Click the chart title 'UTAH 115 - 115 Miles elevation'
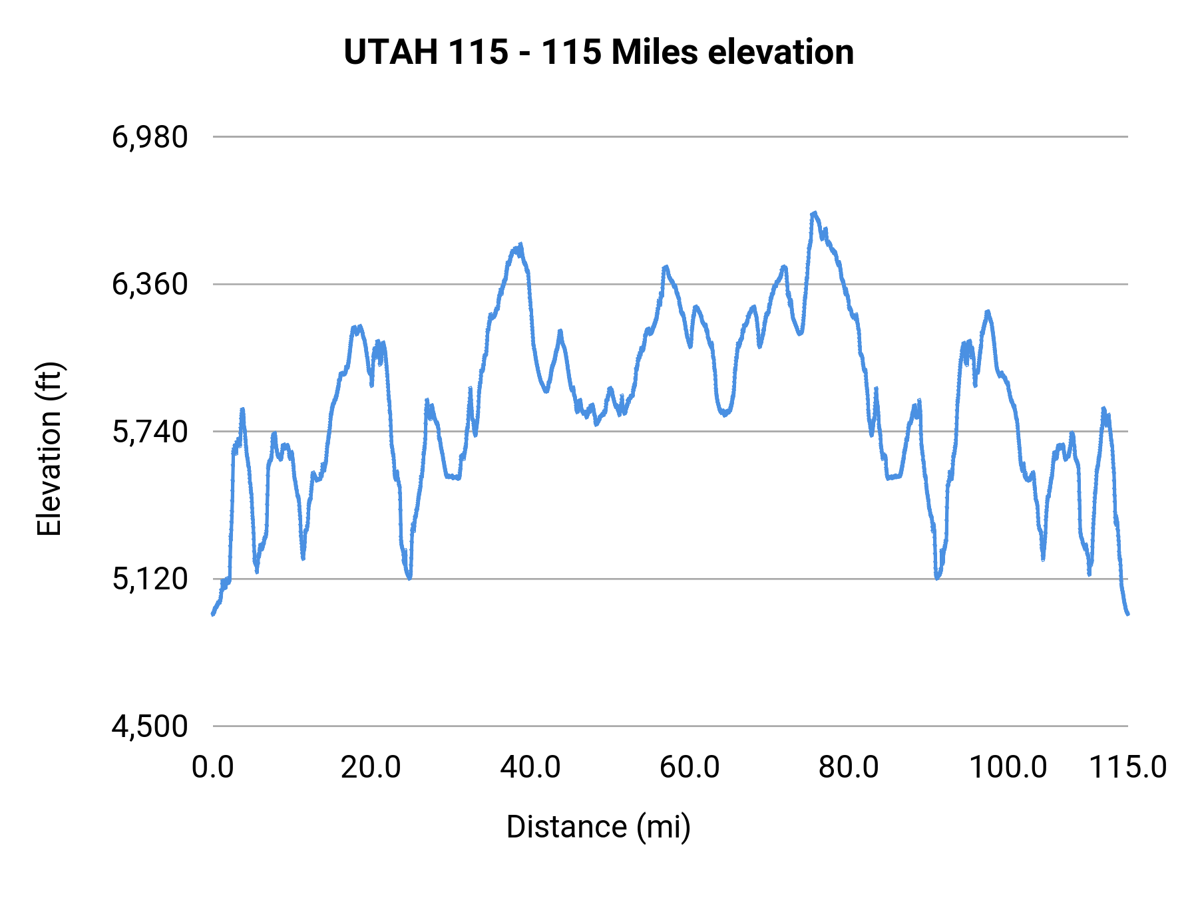598,52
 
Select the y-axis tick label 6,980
150,137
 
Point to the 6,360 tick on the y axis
150,285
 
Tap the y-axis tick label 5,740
150,432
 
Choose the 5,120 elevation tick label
150,579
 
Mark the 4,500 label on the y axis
150,726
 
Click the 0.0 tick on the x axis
213,767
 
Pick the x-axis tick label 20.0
371,767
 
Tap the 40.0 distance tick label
530,767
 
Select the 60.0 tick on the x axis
690,767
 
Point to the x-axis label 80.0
849,767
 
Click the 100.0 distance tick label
1008,767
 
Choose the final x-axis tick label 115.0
1127,767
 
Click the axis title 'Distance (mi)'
598,827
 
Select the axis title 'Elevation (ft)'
49,449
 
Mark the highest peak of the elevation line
813,213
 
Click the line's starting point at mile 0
213,615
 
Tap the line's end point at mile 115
1128,614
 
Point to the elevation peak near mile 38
520,245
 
